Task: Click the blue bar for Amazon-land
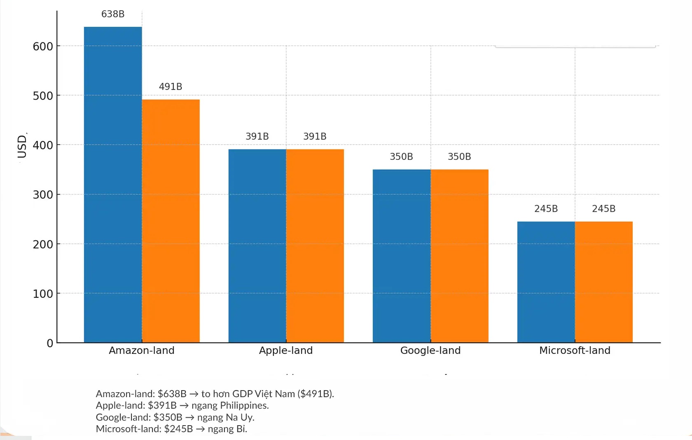pyautogui.click(x=113, y=185)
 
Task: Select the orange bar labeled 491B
pyautogui.click(x=171, y=221)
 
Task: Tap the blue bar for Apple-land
pyautogui.click(x=257, y=246)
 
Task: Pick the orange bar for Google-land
pyautogui.click(x=460, y=256)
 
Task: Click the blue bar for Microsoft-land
pyautogui.click(x=546, y=282)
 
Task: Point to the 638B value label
pyautogui.click(x=113, y=14)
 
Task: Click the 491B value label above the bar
pyautogui.click(x=171, y=87)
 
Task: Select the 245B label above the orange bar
pyautogui.click(x=604, y=209)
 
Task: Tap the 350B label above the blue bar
pyautogui.click(x=401, y=157)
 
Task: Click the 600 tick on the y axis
pyautogui.click(x=43, y=47)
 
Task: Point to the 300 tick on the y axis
pyautogui.click(x=43, y=195)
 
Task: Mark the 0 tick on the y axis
pyautogui.click(x=50, y=343)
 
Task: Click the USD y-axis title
pyautogui.click(x=22, y=146)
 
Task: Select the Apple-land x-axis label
pyautogui.click(x=286, y=351)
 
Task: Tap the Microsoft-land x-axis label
pyautogui.click(x=575, y=351)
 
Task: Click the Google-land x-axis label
pyautogui.click(x=430, y=351)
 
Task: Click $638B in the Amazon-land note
pyautogui.click(x=172, y=394)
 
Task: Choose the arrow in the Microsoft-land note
pyautogui.click(x=200, y=429)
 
